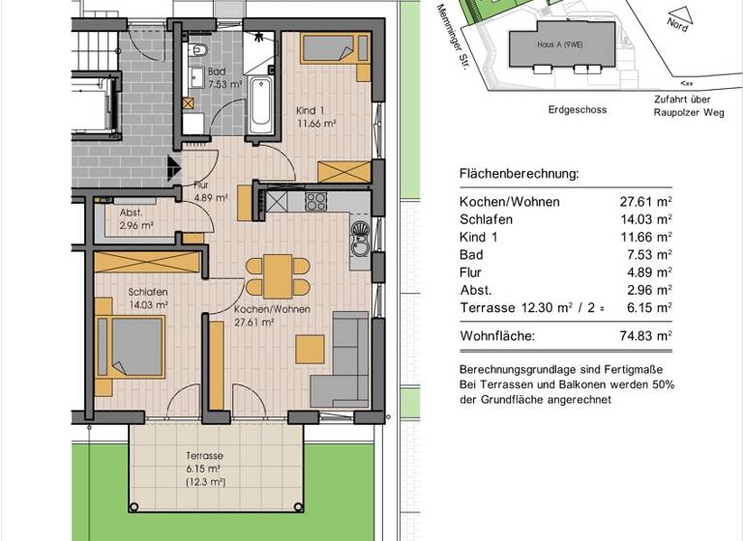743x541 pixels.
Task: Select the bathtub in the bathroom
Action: pyautogui.click(x=260, y=105)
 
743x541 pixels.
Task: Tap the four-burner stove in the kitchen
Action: pyautogui.click(x=315, y=202)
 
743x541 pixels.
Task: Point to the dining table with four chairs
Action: pyautogui.click(x=278, y=276)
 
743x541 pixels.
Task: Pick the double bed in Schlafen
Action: pyautogui.click(x=131, y=347)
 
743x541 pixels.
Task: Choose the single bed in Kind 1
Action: pyautogui.click(x=336, y=48)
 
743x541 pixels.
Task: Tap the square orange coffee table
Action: pyautogui.click(x=310, y=349)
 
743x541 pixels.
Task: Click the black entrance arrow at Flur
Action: pyautogui.click(x=174, y=168)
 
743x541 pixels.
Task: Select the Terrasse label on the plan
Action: pyautogui.click(x=205, y=456)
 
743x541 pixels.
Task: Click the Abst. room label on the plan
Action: pyautogui.click(x=131, y=213)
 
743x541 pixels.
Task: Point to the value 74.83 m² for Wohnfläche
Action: pyautogui.click(x=646, y=336)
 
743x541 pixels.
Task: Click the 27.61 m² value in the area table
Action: pyautogui.click(x=646, y=202)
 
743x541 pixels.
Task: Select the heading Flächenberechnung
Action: pyautogui.click(x=519, y=174)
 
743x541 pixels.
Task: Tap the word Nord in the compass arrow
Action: pyautogui.click(x=677, y=24)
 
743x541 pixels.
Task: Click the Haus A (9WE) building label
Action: pyautogui.click(x=560, y=44)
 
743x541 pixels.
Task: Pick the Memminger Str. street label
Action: pyautogui.click(x=452, y=37)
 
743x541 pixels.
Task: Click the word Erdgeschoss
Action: pyautogui.click(x=578, y=110)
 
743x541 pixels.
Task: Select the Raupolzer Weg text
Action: pyautogui.click(x=689, y=113)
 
